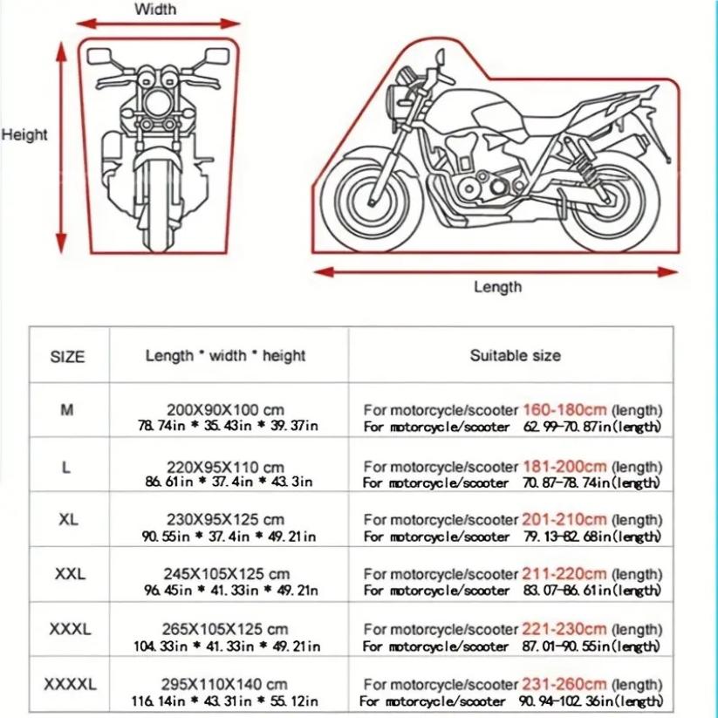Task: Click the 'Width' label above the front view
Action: [155, 10]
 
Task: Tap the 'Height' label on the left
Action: [24, 135]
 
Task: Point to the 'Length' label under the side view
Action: [497, 287]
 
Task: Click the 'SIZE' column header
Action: [67, 357]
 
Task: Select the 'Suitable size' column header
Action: [515, 355]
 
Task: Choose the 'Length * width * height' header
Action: [225, 356]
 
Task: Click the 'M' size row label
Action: [66, 410]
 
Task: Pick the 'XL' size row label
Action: [67, 519]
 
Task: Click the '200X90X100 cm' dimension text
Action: [225, 410]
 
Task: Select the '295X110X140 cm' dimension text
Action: [225, 684]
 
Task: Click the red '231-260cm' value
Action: [564, 685]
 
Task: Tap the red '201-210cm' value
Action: [564, 520]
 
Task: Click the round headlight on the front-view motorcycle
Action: [157, 98]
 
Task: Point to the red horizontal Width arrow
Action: [155, 24]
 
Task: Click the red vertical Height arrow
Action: [62, 148]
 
